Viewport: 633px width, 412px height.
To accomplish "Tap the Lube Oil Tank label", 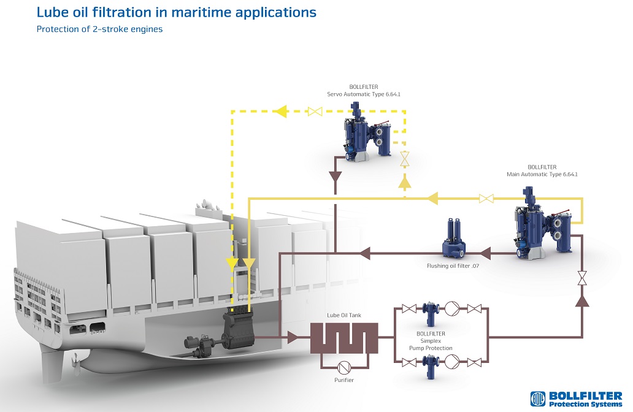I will (x=344, y=315).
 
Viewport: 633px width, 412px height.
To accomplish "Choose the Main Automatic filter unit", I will (x=540, y=224).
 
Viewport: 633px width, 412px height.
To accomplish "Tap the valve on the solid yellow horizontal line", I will (x=486, y=198).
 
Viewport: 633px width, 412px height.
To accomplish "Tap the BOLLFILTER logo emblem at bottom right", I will (x=537, y=399).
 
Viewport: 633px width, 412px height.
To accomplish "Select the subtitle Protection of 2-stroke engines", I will (x=99, y=29).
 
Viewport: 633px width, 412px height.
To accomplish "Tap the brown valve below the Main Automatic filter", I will (x=581, y=278).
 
